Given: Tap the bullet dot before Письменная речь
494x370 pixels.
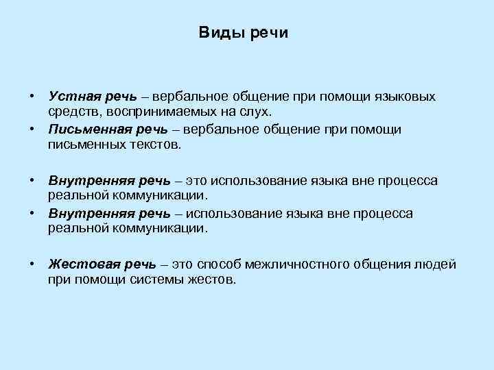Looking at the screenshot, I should pyautogui.click(x=32, y=129).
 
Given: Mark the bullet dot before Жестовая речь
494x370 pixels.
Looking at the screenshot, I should pyautogui.click(x=32, y=264).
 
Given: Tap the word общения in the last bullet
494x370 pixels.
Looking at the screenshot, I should pyautogui.click(x=386, y=264).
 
